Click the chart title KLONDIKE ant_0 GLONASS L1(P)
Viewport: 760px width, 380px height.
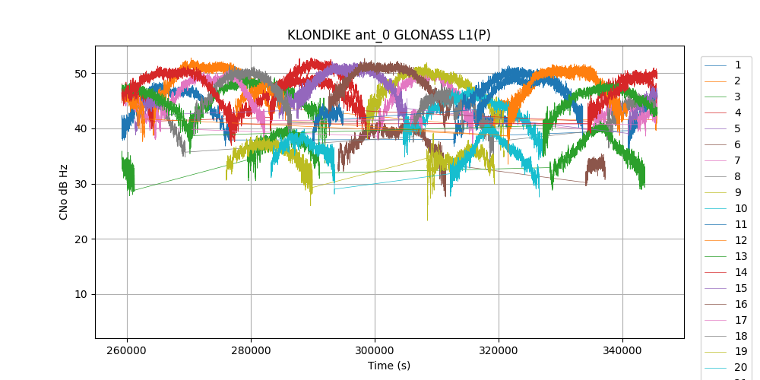389,35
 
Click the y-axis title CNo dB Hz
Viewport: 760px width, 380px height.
64,192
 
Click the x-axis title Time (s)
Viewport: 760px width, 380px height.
389,366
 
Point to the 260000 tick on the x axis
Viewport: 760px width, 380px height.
127,352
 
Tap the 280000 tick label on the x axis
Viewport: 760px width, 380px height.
251,352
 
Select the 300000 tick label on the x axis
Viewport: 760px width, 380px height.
375,352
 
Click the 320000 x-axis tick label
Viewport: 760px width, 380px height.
499,352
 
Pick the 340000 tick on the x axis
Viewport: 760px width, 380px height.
622,352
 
